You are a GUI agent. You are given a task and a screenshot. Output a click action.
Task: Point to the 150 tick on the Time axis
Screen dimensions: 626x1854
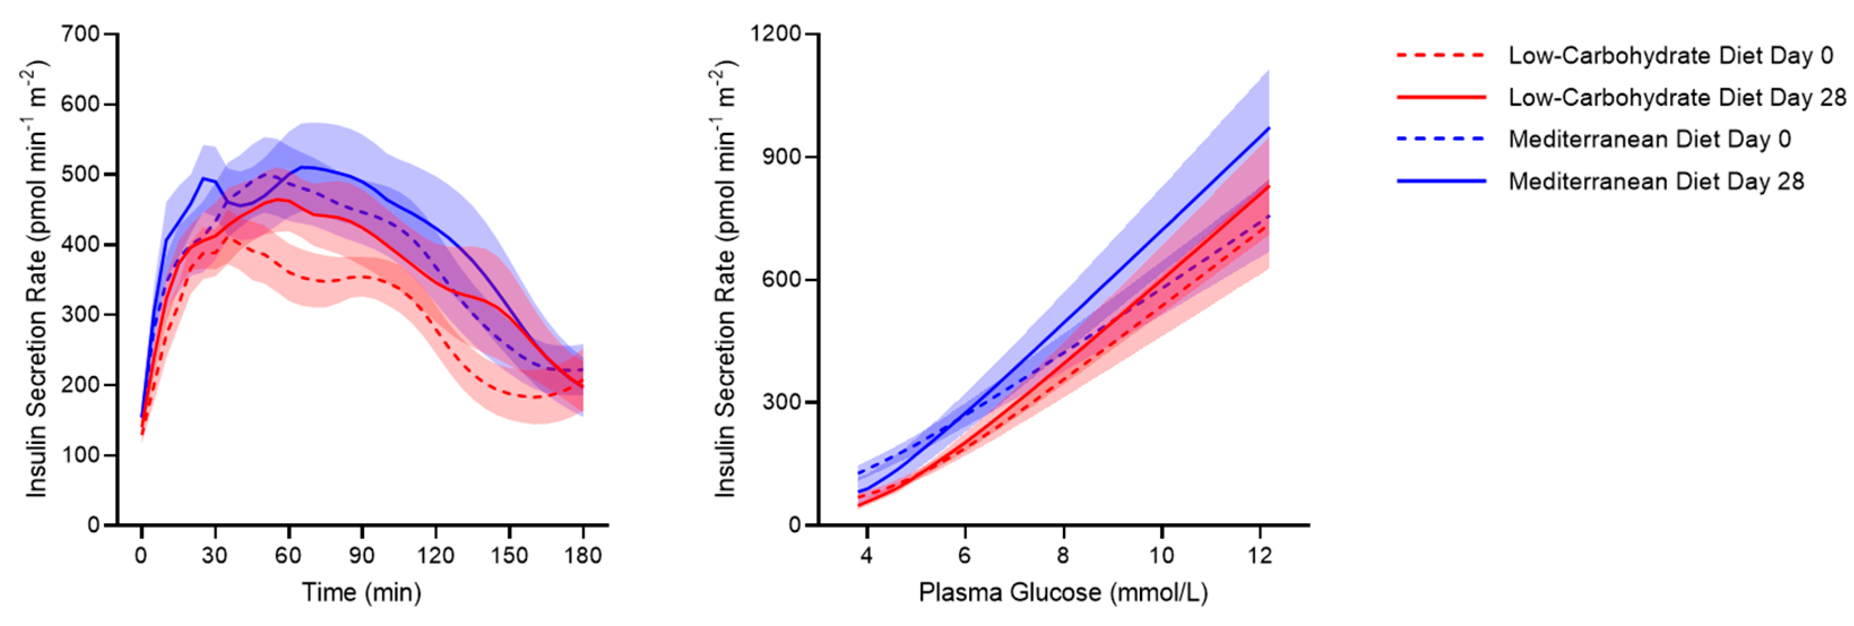coord(509,555)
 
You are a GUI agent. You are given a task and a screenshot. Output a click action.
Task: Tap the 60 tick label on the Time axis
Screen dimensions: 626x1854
coord(288,555)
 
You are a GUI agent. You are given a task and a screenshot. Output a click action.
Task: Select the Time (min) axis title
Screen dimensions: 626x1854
coord(361,592)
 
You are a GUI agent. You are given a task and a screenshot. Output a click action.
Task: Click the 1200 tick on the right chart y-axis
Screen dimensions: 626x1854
coord(776,34)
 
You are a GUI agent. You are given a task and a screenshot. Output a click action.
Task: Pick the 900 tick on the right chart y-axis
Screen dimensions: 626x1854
coord(783,157)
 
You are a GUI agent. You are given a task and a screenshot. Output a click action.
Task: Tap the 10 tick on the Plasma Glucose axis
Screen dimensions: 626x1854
coord(1161,555)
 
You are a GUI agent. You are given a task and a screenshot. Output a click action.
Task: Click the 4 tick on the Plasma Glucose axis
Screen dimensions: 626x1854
coord(867,555)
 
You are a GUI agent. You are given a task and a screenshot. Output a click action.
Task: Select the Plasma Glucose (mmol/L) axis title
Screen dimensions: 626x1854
coord(1063,592)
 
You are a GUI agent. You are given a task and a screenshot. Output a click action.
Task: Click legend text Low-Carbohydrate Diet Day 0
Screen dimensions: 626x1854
coord(1670,55)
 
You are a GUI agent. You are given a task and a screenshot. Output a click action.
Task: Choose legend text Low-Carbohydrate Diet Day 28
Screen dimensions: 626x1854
coord(1677,97)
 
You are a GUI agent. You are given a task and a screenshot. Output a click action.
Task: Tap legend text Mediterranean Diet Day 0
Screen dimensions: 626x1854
coord(1649,139)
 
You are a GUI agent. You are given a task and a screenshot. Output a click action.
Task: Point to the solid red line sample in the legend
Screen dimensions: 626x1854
coord(1441,97)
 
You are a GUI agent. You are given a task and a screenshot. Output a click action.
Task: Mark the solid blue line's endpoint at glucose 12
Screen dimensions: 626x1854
coord(1268,128)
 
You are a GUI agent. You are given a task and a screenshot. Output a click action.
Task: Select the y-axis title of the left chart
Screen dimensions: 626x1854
coord(36,279)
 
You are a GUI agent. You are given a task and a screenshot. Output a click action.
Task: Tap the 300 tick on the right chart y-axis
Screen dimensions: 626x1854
coord(783,401)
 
